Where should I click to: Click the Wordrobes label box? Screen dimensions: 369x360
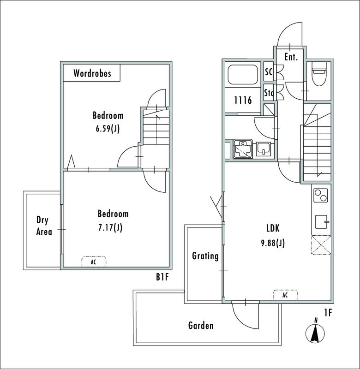[92, 73]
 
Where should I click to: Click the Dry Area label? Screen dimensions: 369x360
[44, 226]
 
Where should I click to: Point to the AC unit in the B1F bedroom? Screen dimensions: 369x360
[94, 262]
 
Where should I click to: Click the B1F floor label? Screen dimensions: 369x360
[162, 277]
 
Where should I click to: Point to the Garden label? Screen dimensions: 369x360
[201, 326]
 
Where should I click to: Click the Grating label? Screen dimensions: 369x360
[205, 256]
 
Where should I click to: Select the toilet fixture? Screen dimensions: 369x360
[319, 74]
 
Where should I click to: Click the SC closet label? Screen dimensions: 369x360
[269, 72]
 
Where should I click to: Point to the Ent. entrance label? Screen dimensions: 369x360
[291, 57]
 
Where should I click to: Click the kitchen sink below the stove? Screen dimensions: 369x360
[320, 223]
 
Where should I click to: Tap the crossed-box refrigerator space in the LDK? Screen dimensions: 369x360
[320, 244]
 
